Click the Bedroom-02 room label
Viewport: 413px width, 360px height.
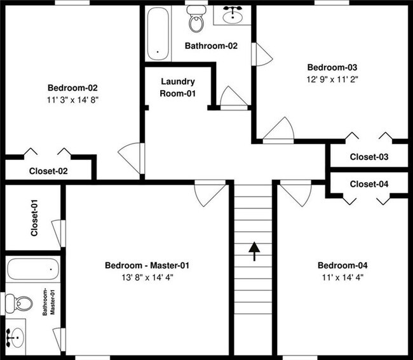tap(72, 88)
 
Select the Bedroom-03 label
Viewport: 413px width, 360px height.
tap(328, 67)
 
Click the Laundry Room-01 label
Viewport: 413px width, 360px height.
tap(177, 88)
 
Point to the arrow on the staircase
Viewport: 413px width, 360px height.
tap(254, 251)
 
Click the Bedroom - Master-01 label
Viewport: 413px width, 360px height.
tap(147, 265)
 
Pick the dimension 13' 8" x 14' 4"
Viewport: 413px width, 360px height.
tap(147, 277)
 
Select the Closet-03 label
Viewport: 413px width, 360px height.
tap(369, 157)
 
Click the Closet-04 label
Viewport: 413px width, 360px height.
tap(369, 184)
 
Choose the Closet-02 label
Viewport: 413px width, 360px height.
tap(48, 171)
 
